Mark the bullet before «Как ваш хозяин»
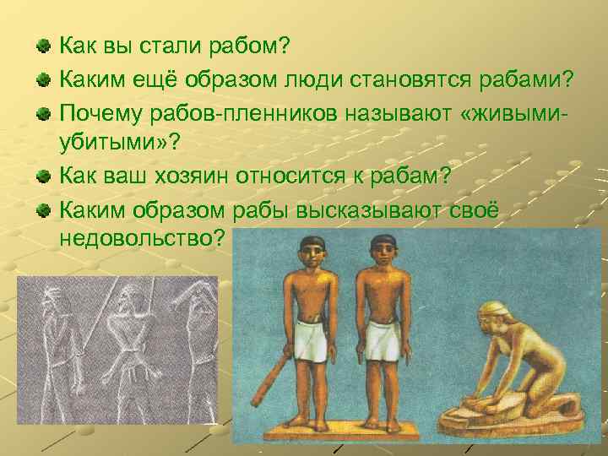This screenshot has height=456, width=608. (x=43, y=175)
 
